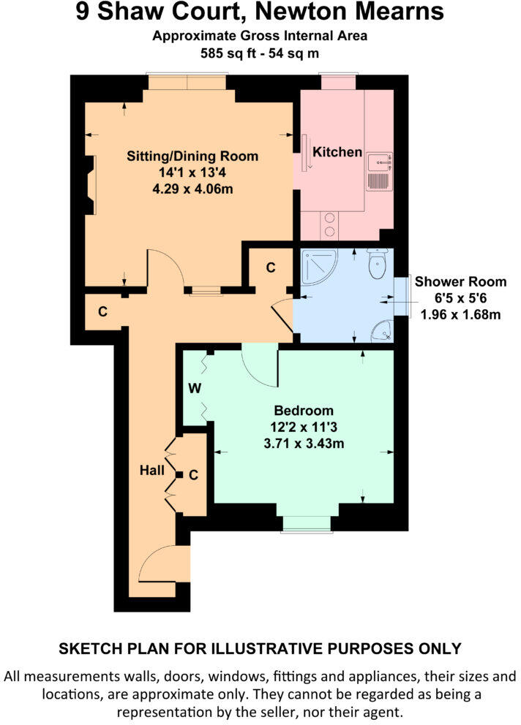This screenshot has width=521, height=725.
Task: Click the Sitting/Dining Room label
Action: [192, 156]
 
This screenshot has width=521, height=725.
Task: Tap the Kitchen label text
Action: [337, 152]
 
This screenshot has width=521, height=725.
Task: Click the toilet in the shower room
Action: [377, 265]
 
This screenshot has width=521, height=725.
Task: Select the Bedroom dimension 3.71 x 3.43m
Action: [304, 444]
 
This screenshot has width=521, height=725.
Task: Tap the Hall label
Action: [152, 471]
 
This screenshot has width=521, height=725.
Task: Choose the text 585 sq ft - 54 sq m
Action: [260, 53]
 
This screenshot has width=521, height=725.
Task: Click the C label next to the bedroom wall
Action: [194, 475]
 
